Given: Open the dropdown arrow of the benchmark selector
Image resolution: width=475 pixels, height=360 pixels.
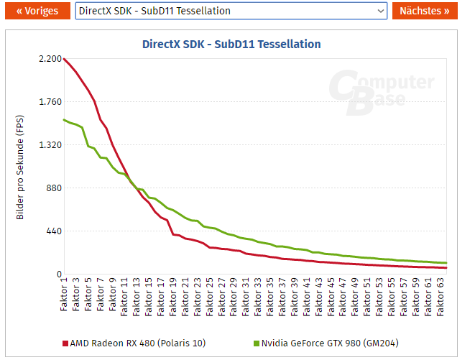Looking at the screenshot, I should coord(381,11).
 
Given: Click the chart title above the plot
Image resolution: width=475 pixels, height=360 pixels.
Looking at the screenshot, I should coord(231,44).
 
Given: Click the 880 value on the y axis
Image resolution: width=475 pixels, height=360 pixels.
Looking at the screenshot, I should coord(52,188).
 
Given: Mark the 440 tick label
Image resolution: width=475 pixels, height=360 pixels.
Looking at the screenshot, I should coord(52,231).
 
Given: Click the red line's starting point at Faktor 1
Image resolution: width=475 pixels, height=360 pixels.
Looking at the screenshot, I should coord(64,59).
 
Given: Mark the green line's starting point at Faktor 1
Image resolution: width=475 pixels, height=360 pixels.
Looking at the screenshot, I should coord(64,119).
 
